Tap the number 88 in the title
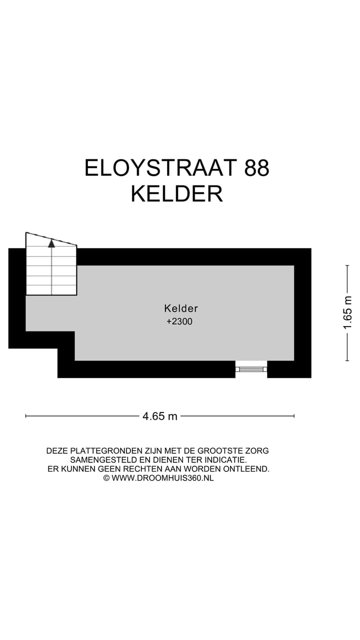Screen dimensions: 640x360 point(256,168)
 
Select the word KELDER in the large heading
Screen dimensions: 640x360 point(176,194)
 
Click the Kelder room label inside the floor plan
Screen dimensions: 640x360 point(181,308)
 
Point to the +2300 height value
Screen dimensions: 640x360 point(179,322)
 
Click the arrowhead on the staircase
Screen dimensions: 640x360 point(51,243)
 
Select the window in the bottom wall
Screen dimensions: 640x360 point(251,369)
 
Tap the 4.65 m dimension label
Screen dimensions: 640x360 point(160,416)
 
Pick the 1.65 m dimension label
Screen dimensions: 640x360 point(348,312)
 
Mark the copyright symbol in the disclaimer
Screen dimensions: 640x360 point(106,478)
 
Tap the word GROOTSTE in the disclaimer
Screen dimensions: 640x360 point(221,451)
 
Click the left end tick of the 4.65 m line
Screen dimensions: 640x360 point(26,415)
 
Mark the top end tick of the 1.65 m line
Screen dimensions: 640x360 point(347,265)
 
